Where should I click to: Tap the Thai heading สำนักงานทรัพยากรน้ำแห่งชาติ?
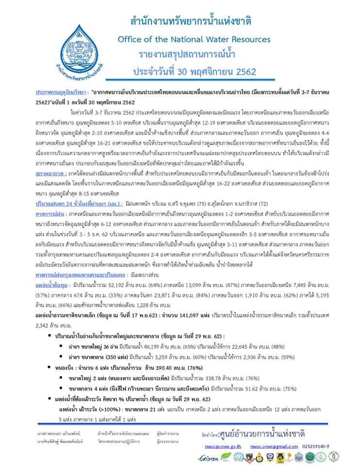pyautogui.click(x=191, y=21)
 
